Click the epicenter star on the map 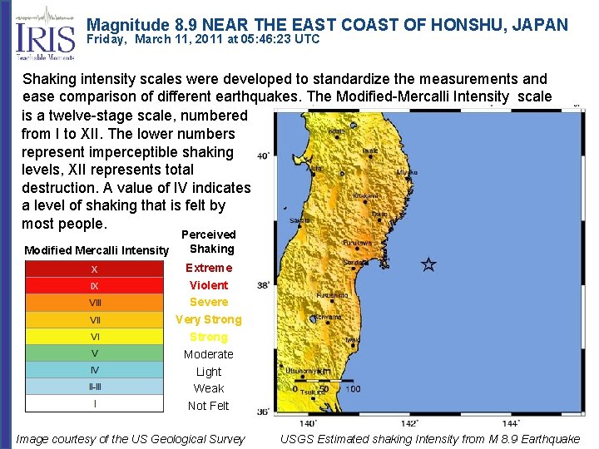428,265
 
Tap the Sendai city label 357,262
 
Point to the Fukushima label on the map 332,294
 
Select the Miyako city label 407,172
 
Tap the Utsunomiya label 308,371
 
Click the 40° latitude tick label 263,156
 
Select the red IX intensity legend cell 94,286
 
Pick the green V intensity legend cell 94,353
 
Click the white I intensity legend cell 94,404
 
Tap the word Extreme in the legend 209,268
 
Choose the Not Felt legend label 209,406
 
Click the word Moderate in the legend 209,354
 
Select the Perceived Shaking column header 209,242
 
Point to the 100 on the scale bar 353,389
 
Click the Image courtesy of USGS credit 131,439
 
